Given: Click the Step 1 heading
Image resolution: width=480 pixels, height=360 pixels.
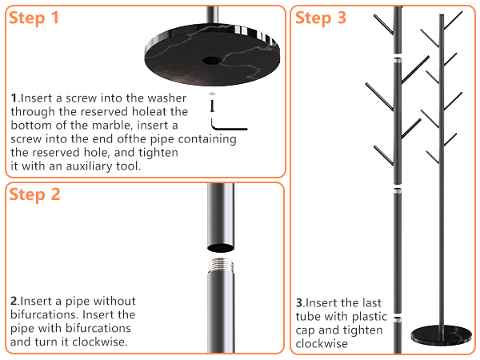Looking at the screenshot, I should pos(34,18).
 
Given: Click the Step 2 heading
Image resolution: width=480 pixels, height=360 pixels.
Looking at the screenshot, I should pos(34,194).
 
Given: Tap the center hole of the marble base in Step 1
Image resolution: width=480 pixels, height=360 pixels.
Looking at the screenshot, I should pos(214,60).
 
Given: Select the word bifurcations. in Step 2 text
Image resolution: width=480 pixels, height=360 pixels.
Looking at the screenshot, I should pos(46,314).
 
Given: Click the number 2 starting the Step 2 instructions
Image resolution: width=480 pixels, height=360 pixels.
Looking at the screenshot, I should pos(14,302).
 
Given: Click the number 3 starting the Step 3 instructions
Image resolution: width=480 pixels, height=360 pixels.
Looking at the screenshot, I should pos(299,304).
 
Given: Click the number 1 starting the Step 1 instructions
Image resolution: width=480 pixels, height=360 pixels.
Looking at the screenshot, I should pos(14,98).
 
